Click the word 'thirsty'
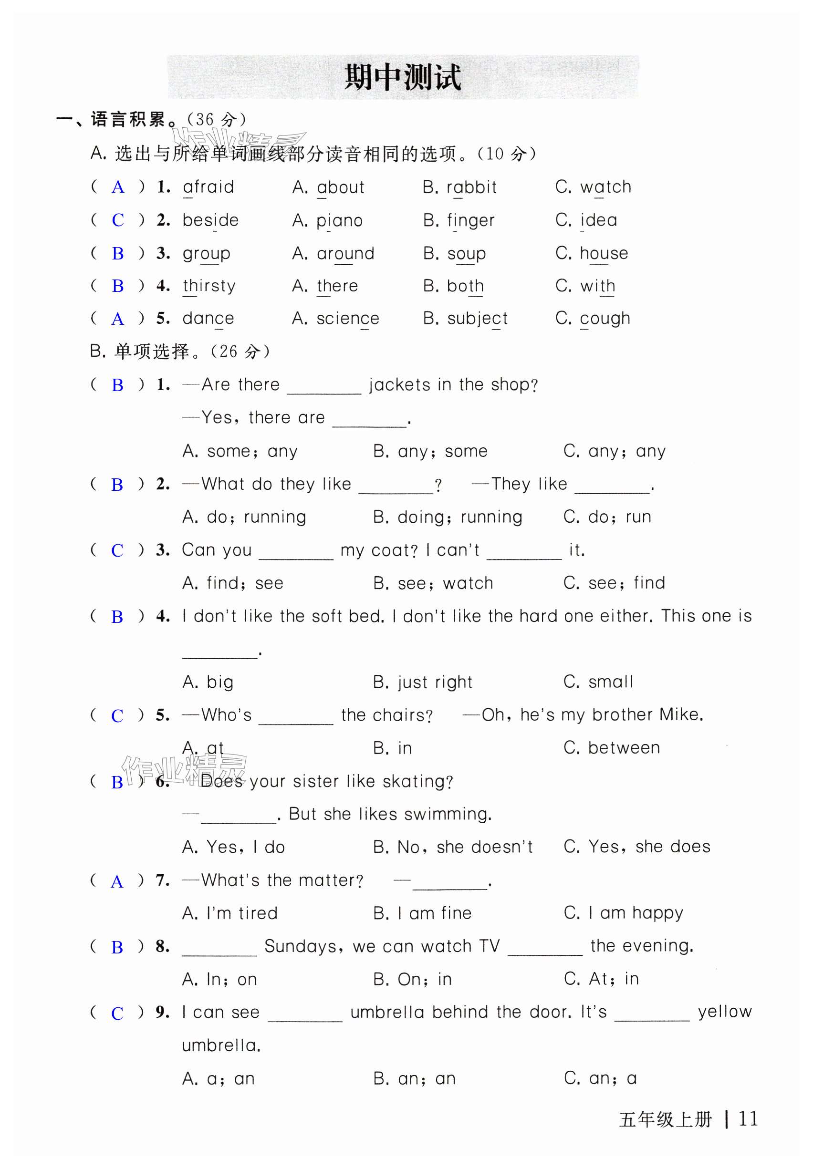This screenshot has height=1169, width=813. (209, 286)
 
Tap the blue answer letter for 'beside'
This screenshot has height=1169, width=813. (118, 220)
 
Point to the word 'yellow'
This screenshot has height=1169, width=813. (724, 1012)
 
